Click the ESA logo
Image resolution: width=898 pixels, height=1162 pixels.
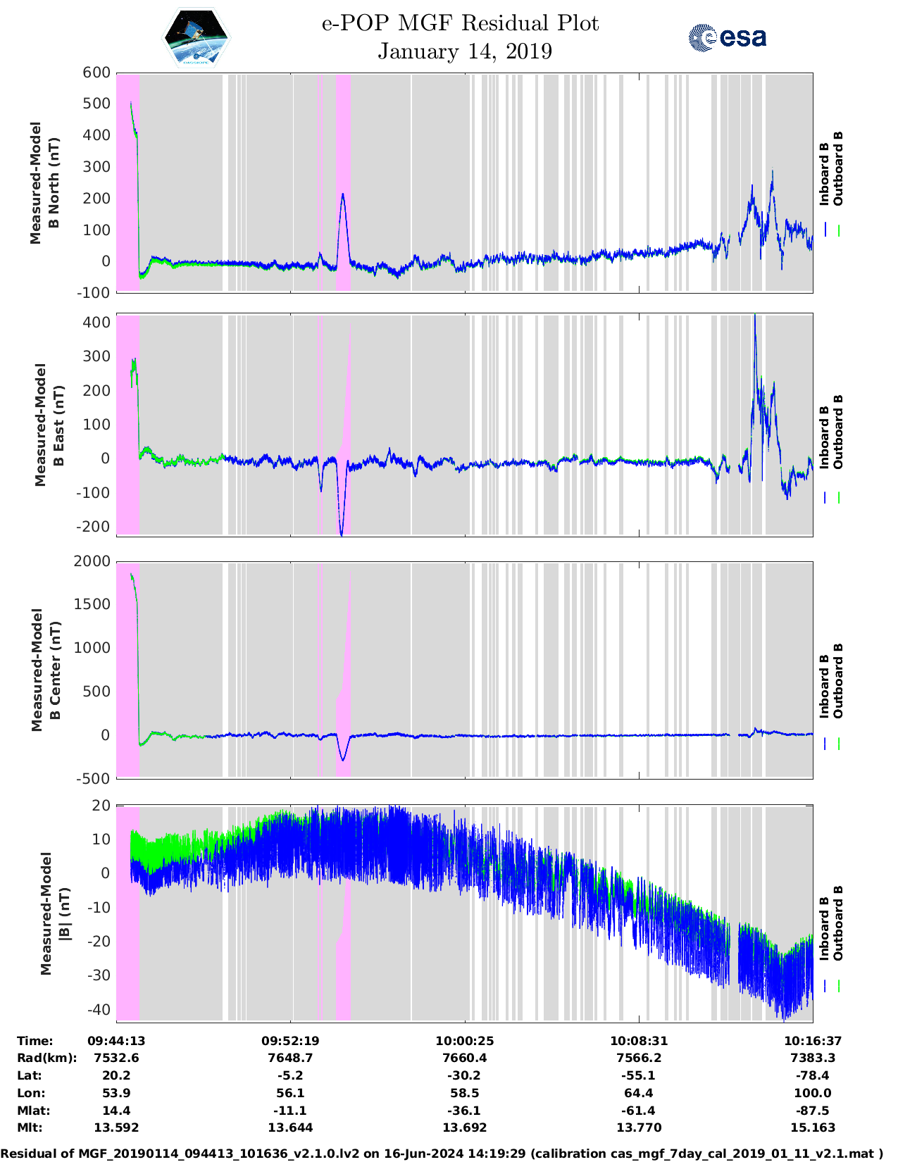[728, 37]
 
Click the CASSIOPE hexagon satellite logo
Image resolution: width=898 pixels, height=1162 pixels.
[197, 38]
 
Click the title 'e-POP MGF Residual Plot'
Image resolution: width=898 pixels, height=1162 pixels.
[460, 23]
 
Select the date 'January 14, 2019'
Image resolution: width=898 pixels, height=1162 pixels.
[465, 51]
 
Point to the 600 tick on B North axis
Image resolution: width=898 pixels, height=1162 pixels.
[97, 73]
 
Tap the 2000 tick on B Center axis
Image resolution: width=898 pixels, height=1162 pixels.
[92, 561]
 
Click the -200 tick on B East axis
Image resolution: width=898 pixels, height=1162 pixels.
[94, 527]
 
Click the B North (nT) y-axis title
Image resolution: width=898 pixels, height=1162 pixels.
[44, 183]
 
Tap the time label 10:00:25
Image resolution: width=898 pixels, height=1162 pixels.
[465, 1041]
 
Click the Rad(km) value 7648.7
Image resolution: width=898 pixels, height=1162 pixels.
[290, 1058]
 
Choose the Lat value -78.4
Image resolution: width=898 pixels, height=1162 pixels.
[813, 1075]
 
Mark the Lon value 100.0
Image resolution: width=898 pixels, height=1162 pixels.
[813, 1093]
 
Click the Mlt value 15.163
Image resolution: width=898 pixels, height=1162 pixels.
[813, 1127]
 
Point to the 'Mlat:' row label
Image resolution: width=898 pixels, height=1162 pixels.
[32, 1111]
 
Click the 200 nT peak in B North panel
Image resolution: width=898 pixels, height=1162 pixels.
[343, 194]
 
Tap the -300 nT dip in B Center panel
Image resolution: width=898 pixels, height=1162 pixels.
[343, 760]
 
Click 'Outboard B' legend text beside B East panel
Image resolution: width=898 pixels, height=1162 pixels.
[838, 432]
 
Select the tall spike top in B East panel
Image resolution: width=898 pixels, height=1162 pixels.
[755, 316]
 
